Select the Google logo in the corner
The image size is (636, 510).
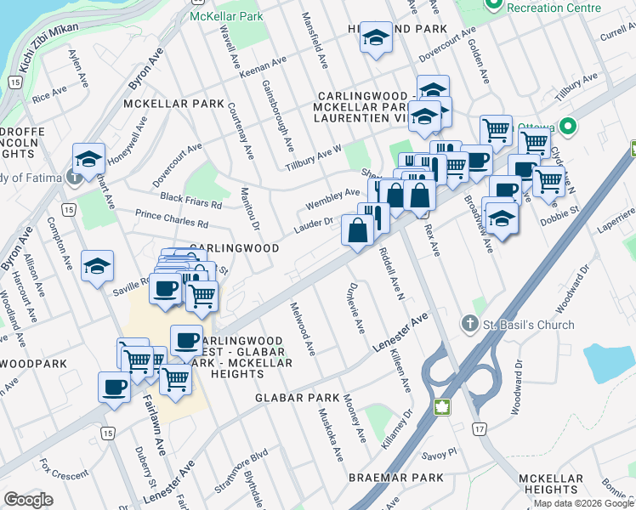click(x=28, y=500)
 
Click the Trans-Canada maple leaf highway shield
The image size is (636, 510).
click(x=440, y=406)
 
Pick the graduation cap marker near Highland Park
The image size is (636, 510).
click(x=375, y=40)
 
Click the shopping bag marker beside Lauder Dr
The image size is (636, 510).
click(x=356, y=230)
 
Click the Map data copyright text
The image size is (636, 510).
click(x=583, y=503)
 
